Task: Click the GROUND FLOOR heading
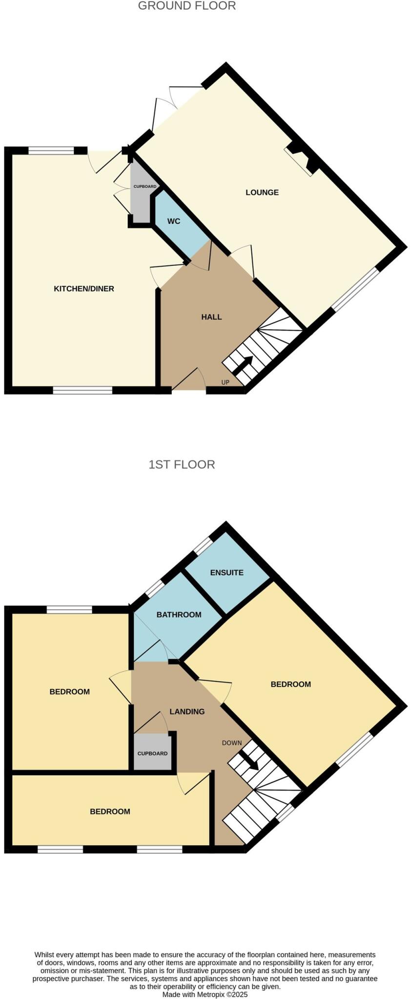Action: pos(187,6)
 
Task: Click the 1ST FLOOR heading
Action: pos(182,464)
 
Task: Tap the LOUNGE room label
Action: pos(262,192)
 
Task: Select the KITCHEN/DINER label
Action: pos(84,289)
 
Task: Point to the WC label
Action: pos(174,221)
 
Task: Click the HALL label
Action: pos(211,317)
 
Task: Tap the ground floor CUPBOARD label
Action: pos(145,187)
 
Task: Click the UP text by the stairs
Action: pos(225,382)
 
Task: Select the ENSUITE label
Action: pos(226,573)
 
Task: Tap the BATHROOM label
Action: pos(179,615)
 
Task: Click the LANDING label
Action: pos(187,712)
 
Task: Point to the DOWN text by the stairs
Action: pos(232,743)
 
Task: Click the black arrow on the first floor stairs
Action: pos(249,760)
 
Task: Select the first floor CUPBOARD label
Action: pos(152,754)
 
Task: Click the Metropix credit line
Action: pos(205,994)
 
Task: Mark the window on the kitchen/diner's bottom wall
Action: pos(82,390)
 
